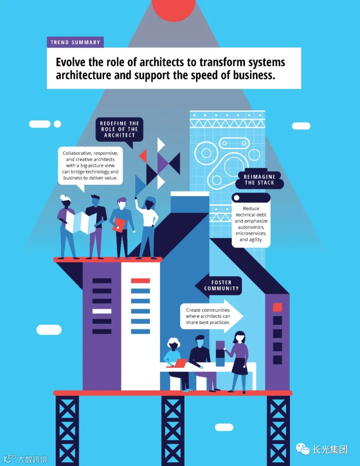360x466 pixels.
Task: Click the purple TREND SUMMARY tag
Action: click(75, 42)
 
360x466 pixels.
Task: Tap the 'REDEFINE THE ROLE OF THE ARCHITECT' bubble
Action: click(120, 130)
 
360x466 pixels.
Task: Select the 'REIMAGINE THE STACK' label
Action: click(259, 180)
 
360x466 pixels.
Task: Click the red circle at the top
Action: click(174, 8)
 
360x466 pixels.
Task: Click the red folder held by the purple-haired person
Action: click(118, 225)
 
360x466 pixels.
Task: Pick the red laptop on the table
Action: click(177, 364)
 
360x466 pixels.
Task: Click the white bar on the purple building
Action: click(102, 311)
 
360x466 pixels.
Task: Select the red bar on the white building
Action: click(140, 281)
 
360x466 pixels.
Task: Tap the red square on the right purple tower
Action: click(278, 307)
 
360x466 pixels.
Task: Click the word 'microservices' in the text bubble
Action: click(251, 233)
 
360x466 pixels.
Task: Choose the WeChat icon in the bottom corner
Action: click(303, 449)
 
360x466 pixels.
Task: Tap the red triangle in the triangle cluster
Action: click(143, 156)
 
